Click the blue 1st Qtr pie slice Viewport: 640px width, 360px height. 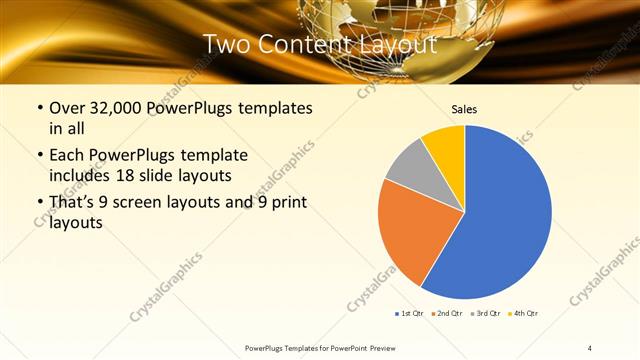(x=505, y=215)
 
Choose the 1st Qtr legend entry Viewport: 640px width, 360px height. (x=409, y=314)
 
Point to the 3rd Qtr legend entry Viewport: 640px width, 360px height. (x=484, y=314)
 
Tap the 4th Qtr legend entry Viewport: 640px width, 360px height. (x=523, y=314)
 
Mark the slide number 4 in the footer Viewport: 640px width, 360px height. (x=589, y=347)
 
